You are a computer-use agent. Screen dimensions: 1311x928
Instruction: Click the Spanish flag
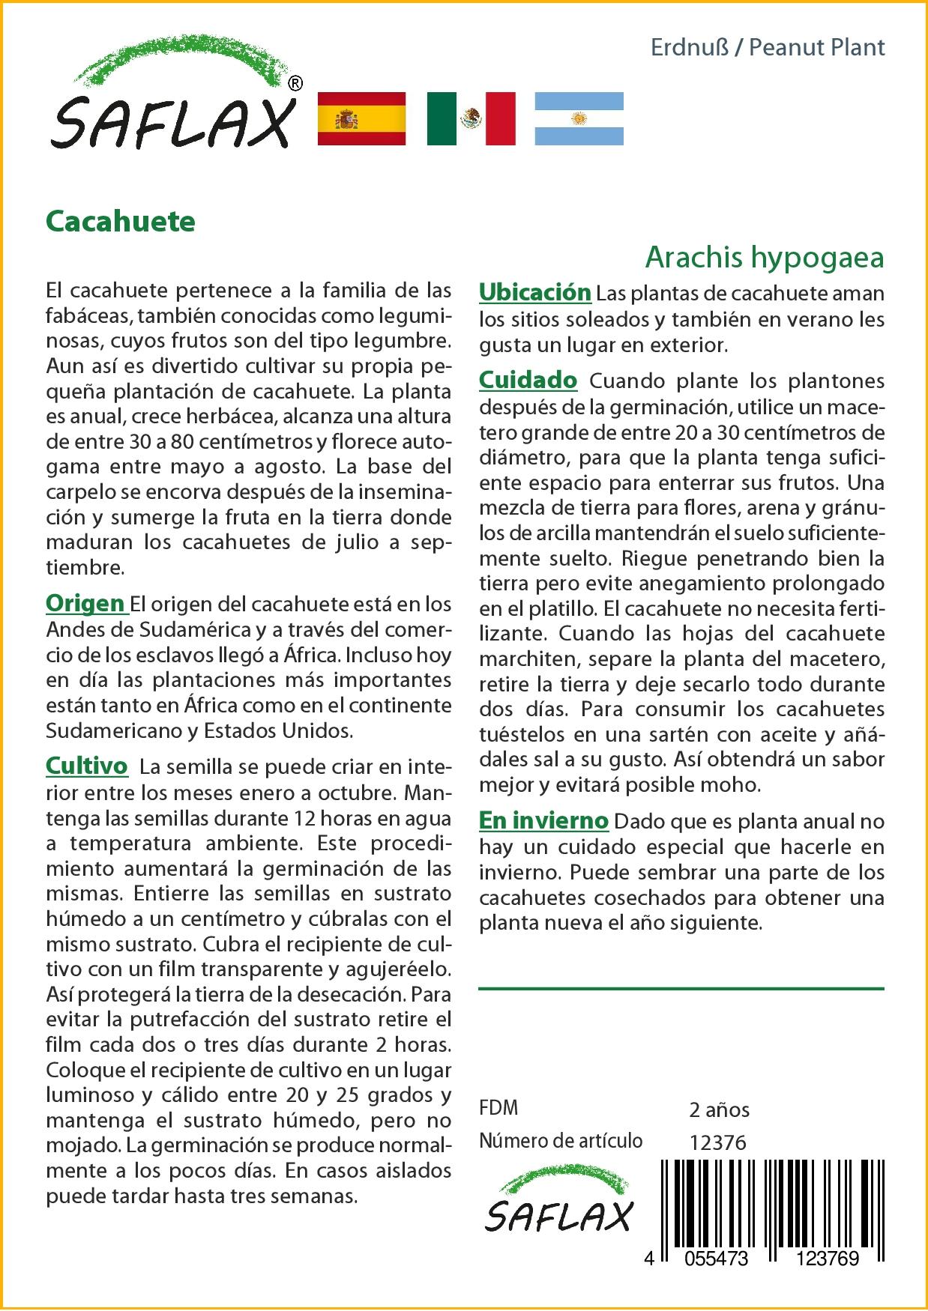click(361, 118)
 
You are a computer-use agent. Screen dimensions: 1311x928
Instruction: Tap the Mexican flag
click(471, 118)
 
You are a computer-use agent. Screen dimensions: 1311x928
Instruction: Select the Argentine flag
click(579, 118)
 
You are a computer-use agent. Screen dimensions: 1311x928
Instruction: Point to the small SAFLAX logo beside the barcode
click(558, 1207)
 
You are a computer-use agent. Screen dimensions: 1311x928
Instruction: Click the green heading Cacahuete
click(121, 221)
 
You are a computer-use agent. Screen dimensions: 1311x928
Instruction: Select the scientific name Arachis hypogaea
click(764, 257)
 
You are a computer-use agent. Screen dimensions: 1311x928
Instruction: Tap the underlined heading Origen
click(85, 603)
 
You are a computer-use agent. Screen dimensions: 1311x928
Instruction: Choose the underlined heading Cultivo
click(87, 766)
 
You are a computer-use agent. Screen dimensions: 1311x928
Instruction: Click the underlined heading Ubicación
click(534, 292)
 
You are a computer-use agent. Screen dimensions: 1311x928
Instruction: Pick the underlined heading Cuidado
click(528, 380)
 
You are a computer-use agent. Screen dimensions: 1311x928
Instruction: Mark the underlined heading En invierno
click(543, 820)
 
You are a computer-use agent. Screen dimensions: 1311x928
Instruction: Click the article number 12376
click(717, 1142)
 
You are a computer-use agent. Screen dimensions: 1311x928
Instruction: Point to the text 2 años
click(719, 1109)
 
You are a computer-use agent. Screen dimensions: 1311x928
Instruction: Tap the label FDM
click(498, 1107)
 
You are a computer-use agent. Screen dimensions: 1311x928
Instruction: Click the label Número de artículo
click(561, 1140)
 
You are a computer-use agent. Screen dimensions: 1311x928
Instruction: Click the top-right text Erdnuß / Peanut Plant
click(768, 48)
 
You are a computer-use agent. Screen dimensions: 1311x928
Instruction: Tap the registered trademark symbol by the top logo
click(295, 83)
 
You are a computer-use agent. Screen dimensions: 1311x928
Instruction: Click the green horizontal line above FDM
click(681, 989)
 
